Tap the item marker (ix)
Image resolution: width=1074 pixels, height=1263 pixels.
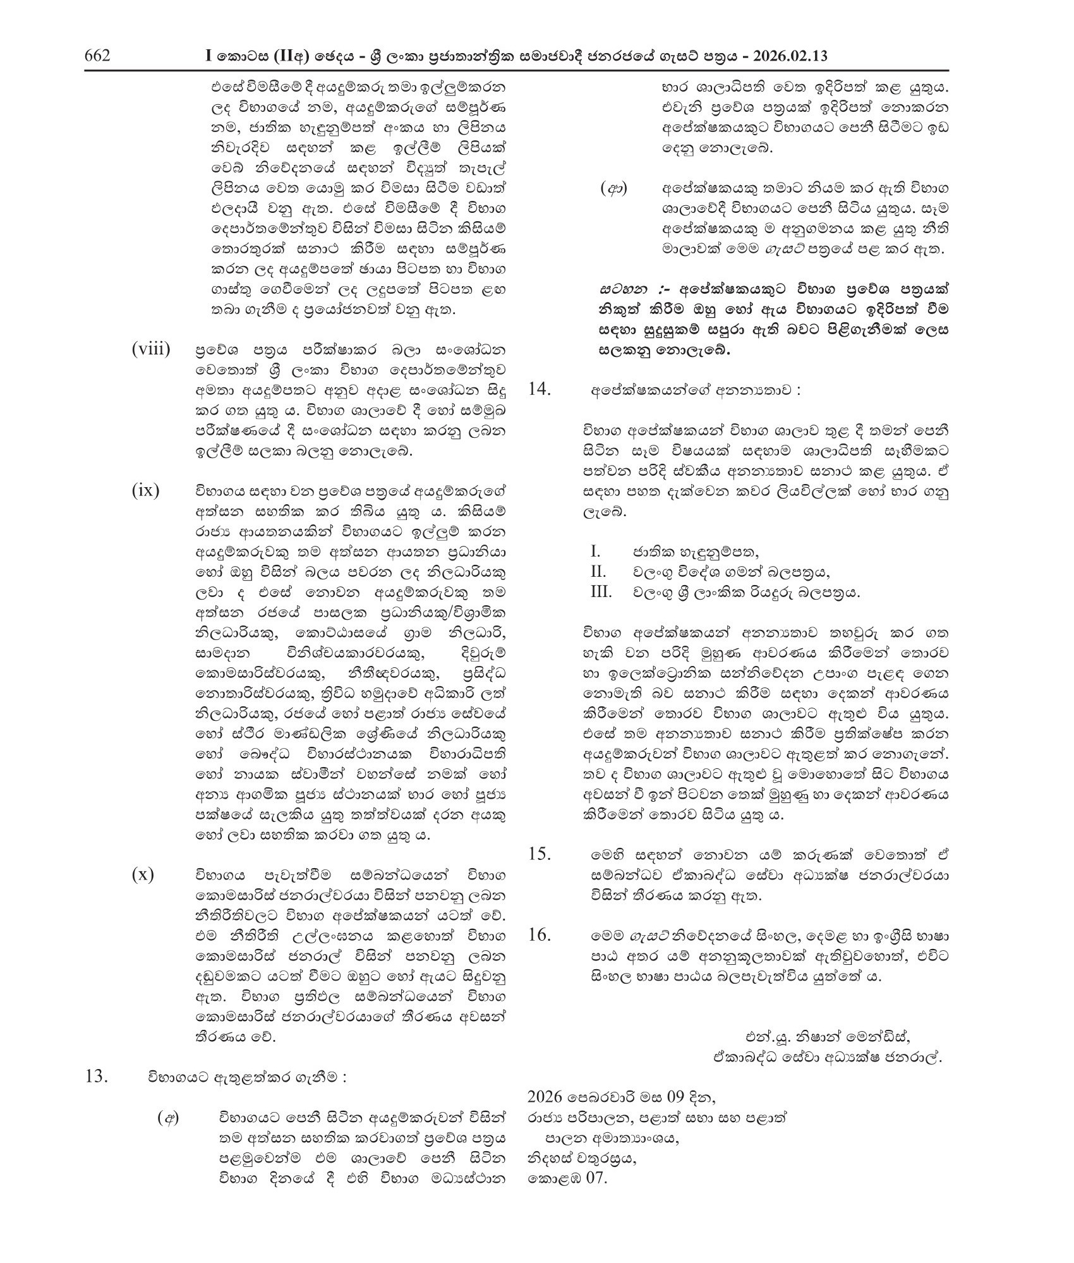click(x=145, y=490)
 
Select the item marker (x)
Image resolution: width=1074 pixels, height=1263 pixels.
click(x=143, y=875)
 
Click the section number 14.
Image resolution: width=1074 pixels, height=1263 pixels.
click(x=540, y=390)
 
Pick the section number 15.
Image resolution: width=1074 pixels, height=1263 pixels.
click(x=540, y=854)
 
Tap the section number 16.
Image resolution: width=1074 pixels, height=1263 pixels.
click(x=540, y=934)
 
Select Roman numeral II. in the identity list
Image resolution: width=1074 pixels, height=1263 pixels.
click(x=598, y=572)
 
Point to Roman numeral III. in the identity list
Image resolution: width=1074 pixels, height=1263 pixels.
click(x=600, y=592)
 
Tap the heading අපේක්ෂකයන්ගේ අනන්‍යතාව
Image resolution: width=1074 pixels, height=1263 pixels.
click(x=695, y=390)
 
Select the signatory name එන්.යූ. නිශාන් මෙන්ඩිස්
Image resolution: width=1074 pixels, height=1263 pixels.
click(x=828, y=1037)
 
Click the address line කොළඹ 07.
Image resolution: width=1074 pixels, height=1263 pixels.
click(x=567, y=1177)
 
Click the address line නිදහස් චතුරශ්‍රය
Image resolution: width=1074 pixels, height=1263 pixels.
click(x=582, y=1157)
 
